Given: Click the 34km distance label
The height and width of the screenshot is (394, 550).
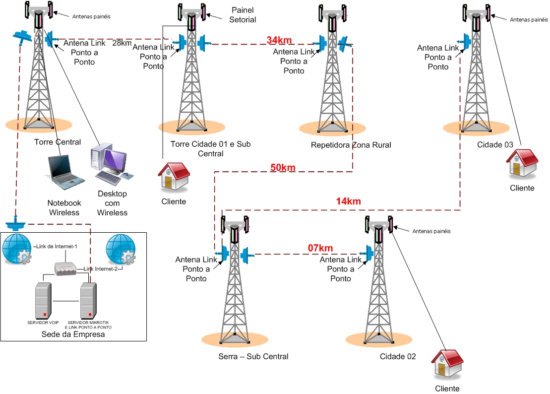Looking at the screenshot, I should point(279,40).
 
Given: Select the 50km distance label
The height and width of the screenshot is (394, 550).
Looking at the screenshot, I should point(283,168).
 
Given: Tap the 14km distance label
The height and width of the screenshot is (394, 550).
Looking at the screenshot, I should point(348,201).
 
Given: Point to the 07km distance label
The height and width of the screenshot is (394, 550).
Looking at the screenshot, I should point(320,248).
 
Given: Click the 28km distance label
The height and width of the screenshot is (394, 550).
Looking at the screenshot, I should point(122,43).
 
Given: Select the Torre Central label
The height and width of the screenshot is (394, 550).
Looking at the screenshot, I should point(58,142).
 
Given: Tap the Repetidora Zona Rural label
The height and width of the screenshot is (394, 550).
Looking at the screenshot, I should point(351,145).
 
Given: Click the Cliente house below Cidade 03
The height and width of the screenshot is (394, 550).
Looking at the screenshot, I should point(522,163).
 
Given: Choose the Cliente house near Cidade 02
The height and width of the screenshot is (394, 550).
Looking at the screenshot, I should point(447,364).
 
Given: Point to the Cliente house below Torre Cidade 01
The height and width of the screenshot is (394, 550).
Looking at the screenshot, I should point(173,176).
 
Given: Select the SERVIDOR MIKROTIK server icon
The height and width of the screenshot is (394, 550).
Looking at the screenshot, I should point(88,301).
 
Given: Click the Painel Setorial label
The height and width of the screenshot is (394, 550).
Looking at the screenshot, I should point(244,15).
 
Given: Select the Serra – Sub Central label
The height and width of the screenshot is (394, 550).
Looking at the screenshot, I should point(253,357).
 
